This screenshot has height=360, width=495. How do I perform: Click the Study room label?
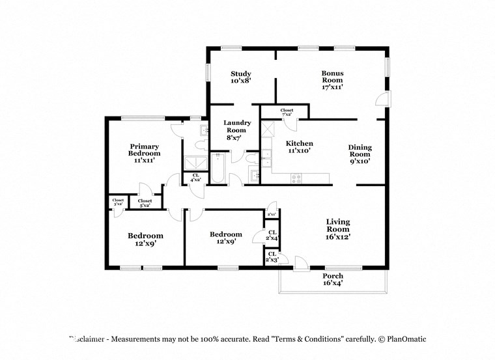click(240, 77)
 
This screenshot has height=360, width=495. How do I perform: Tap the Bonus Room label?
click(332, 79)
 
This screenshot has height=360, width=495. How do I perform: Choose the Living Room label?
click(338, 229)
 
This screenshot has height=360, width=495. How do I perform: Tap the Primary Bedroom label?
click(144, 153)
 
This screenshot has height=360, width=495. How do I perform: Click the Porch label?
click(333, 280)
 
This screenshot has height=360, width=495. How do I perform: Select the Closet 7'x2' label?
click(287, 112)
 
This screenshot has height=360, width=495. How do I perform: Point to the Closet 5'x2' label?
click(145, 202)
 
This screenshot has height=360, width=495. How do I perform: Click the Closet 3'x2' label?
click(118, 202)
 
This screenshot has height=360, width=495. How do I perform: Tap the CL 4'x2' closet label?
click(195, 177)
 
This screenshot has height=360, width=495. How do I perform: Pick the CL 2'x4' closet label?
click(272, 235)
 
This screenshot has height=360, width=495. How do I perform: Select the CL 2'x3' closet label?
click(272, 256)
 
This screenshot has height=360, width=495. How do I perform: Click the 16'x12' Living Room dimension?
click(338, 237)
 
